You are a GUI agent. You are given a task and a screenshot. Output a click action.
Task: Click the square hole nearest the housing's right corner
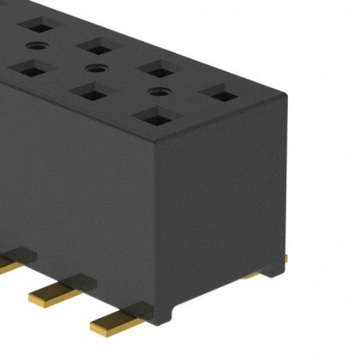(x=219, y=92)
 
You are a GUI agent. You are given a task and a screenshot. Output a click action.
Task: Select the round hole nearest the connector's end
(x=157, y=90)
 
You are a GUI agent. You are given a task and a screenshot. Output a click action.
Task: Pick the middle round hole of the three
(x=95, y=67)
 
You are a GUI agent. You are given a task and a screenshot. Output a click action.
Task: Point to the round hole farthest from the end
(x=36, y=45)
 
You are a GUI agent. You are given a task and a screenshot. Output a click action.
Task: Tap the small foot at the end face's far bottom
(x=273, y=272)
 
